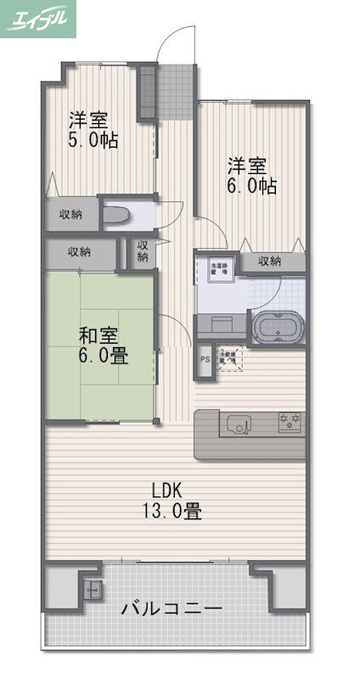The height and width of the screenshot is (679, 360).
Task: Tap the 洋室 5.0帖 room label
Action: click(93, 130)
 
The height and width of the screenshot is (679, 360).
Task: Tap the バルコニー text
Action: click(172, 609)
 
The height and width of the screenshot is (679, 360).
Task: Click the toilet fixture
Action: click(116, 215)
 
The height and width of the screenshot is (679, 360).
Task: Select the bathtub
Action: click(274, 327)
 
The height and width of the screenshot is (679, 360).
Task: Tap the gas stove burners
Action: click(290, 421)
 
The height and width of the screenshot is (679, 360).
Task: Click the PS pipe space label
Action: click(204, 359)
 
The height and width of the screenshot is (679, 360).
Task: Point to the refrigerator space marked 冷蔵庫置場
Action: click(229, 360)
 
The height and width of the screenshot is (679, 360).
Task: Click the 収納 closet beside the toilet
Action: click(70, 215)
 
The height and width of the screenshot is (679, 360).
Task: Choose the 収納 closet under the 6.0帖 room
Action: click(270, 261)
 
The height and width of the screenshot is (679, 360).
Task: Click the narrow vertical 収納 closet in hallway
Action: click(142, 251)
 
